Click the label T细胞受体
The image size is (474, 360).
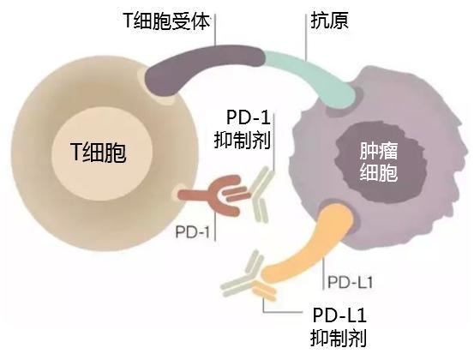point(166,21)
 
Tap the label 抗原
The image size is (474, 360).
point(329,21)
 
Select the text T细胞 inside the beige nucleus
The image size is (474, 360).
point(98,152)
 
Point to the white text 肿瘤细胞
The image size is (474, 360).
point(378,162)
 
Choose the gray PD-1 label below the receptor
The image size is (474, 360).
point(193,232)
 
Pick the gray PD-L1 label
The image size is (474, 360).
point(351,283)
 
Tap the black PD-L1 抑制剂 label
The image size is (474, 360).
point(339,327)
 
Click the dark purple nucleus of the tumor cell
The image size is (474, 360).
point(380,163)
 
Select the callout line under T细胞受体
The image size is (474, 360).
point(215,30)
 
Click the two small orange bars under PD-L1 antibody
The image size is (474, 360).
point(265,290)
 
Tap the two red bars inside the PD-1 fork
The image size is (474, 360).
point(237,194)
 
